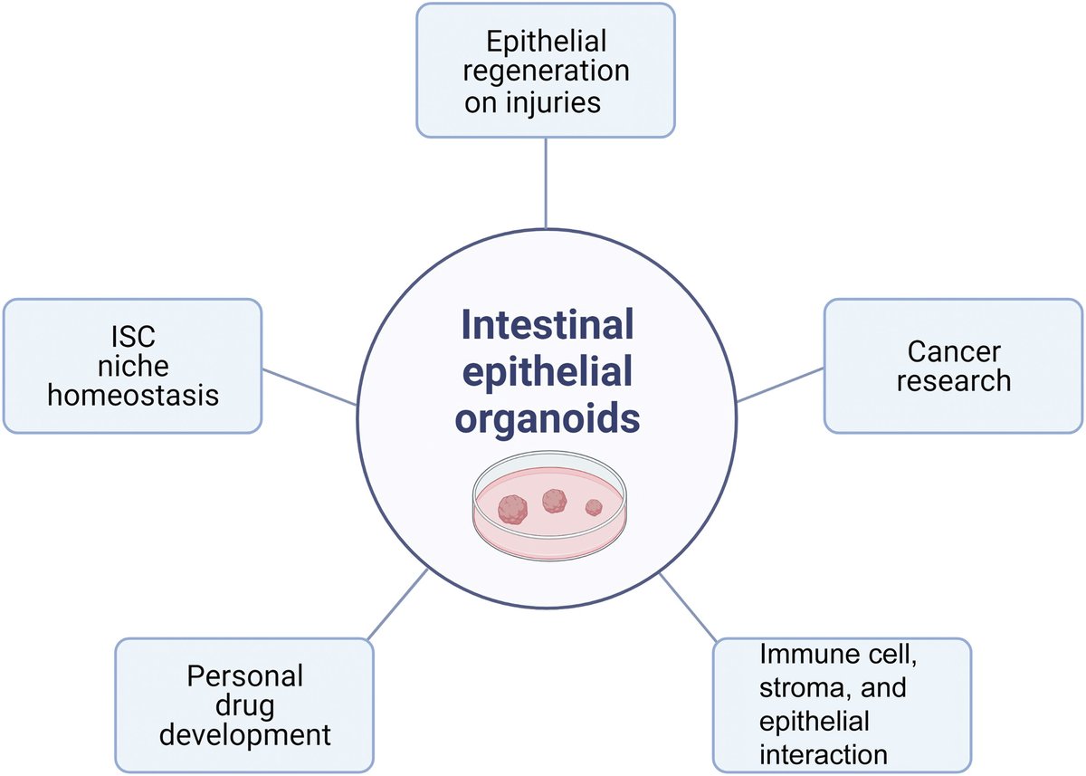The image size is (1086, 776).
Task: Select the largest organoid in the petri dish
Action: tap(515, 508)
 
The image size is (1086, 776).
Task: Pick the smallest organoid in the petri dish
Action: tap(593, 507)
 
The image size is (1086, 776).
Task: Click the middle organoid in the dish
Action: tap(554, 500)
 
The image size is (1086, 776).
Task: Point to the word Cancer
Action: tap(953, 350)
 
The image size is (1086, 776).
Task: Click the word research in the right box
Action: tap(953, 380)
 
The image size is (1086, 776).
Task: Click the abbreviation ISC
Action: tap(132, 337)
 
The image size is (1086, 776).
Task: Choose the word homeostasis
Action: tap(132, 396)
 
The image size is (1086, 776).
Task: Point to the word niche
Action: tap(132, 367)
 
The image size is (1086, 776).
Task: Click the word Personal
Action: tap(244, 675)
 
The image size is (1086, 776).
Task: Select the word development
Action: tap(244, 734)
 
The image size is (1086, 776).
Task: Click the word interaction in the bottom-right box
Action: tap(824, 753)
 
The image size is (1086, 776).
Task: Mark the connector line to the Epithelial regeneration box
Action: tap(546, 181)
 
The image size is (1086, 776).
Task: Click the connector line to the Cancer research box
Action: tap(780, 384)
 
